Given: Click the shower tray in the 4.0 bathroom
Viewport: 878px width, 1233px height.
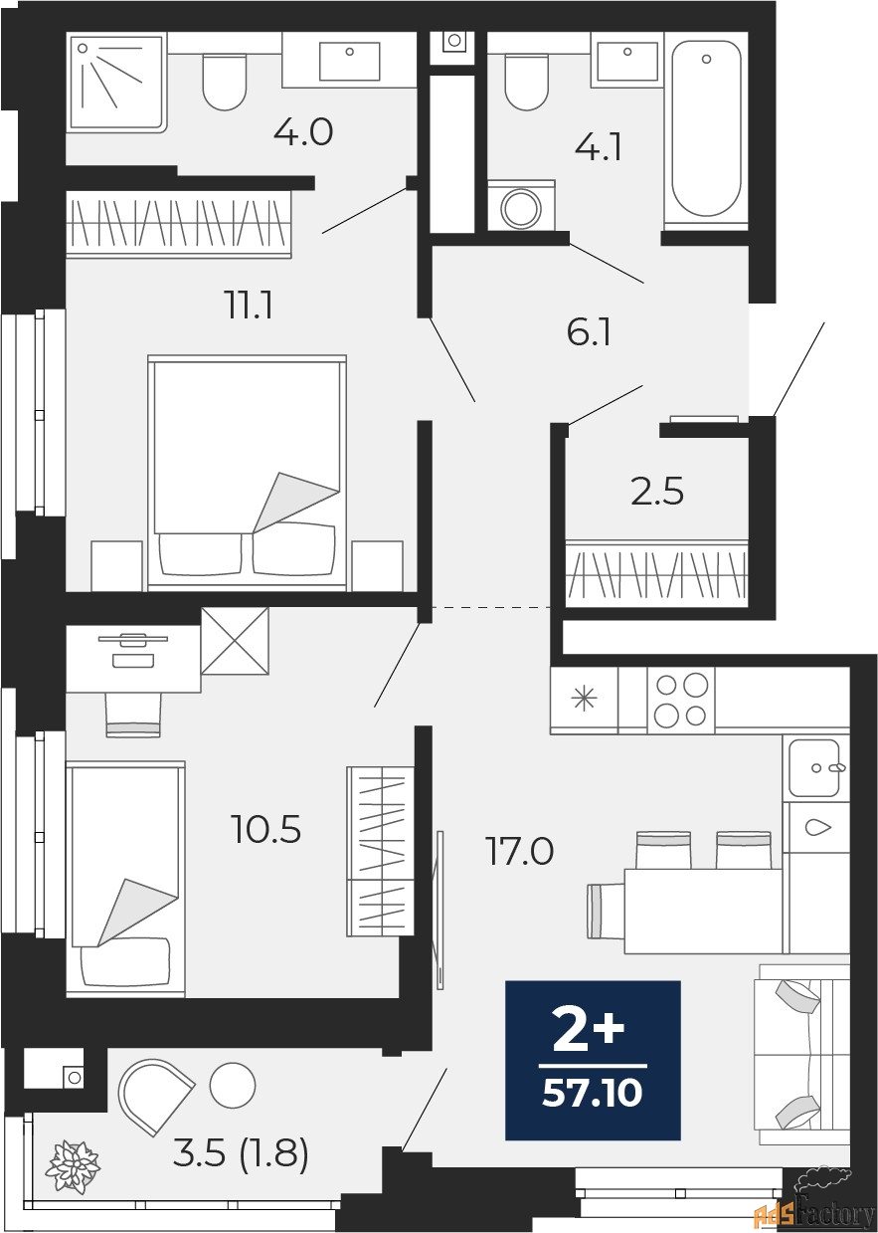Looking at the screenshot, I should point(115,83).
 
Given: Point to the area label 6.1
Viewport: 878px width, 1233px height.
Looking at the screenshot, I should point(588,332).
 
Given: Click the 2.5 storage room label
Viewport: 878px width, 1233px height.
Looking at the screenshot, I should point(657,492).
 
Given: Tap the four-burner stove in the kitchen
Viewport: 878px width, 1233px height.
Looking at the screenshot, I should point(681,700).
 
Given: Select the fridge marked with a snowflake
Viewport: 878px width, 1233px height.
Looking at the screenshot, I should point(584,700).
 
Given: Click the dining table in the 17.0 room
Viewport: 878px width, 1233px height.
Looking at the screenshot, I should point(701,910).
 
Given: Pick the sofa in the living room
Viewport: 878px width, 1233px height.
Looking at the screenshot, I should point(801,1054).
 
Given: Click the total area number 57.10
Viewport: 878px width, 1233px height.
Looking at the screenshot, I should point(593,1095).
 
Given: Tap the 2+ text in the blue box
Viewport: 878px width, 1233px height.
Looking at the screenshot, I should point(589,1035).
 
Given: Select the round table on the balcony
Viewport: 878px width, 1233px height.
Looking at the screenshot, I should point(234,1085).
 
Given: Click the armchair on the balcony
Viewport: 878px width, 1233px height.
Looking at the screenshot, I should point(154,1095).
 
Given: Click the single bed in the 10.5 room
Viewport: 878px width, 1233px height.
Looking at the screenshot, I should point(125,876).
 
